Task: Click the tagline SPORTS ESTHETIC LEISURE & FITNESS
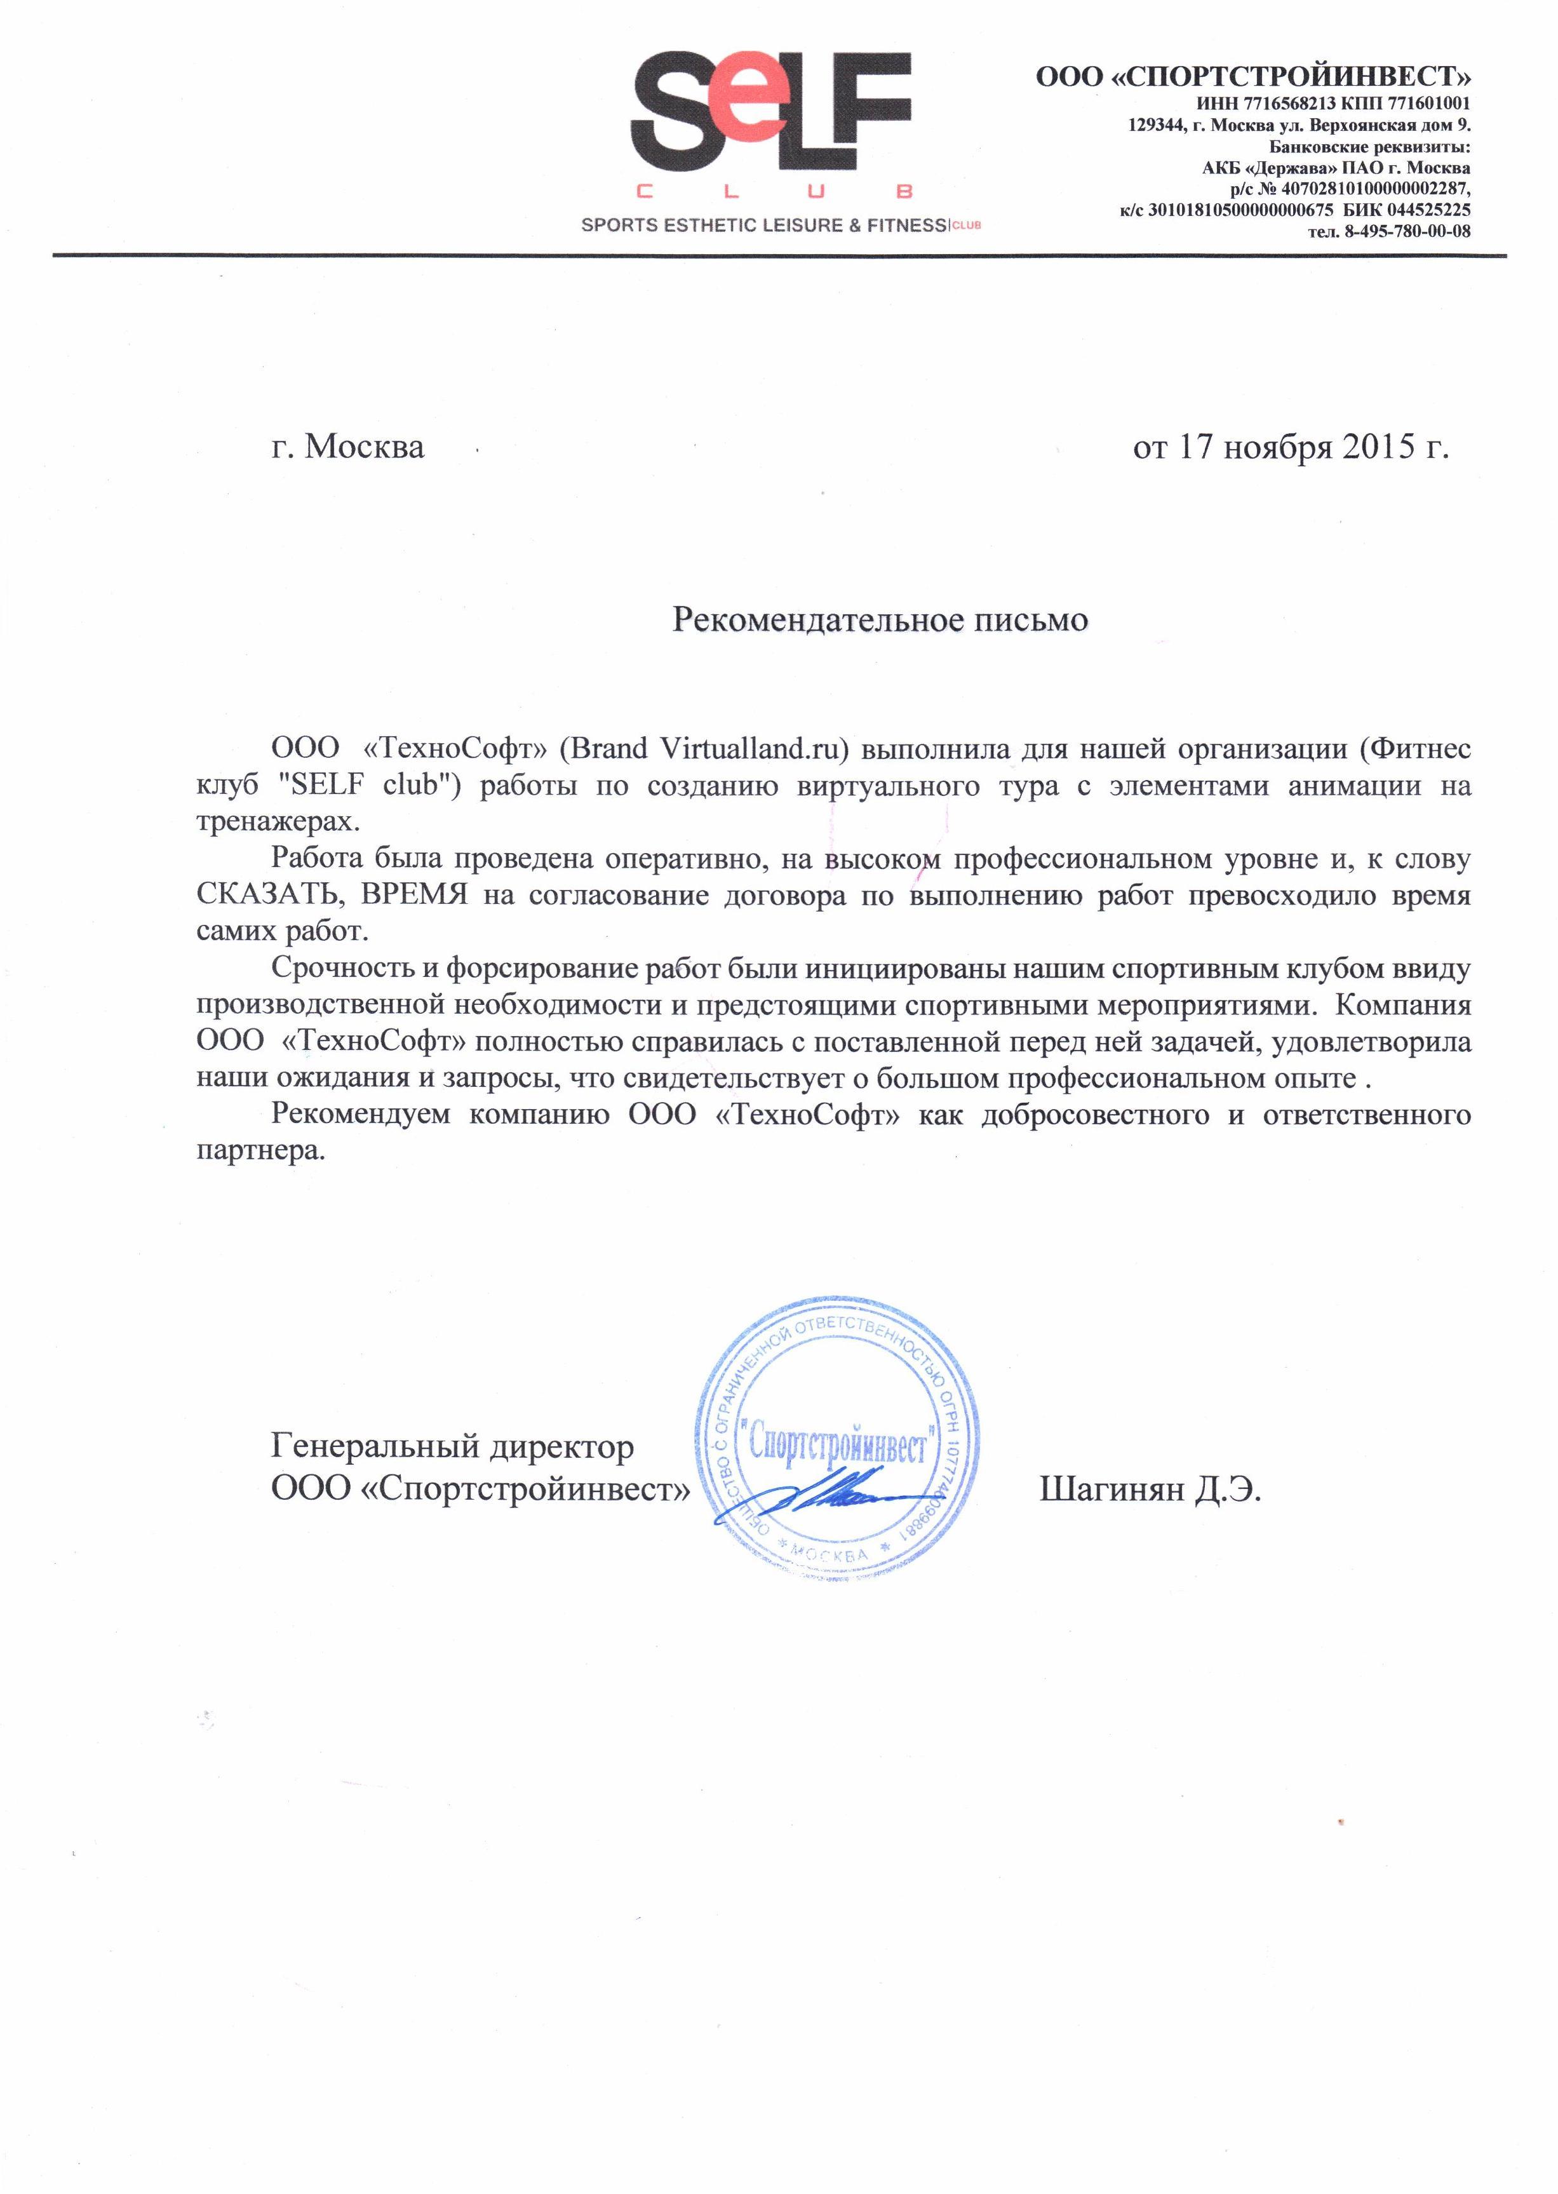coord(763,225)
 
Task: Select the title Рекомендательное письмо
coord(880,620)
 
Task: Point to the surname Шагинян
coord(1112,1490)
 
